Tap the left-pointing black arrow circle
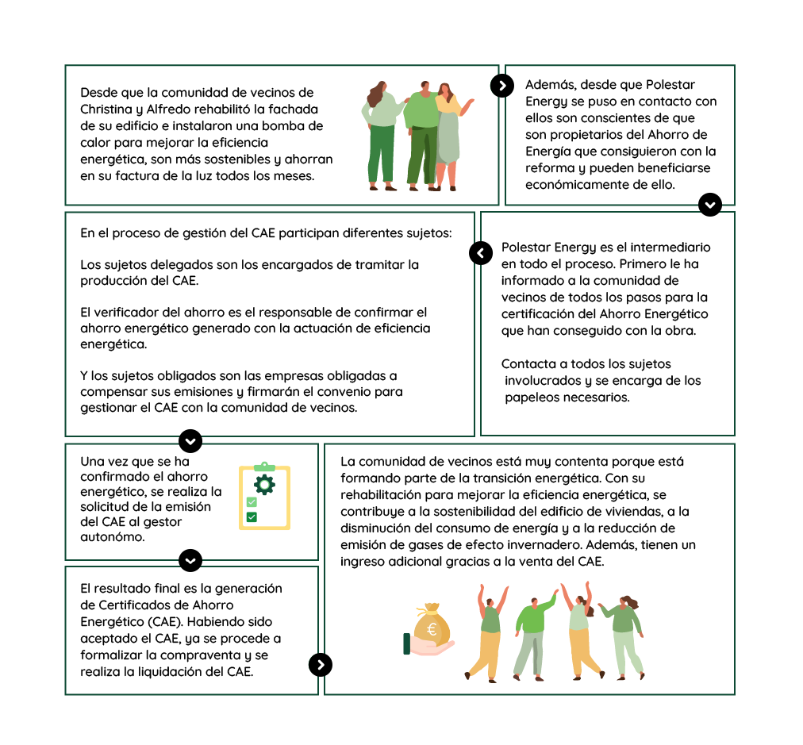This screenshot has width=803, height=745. pos(481,253)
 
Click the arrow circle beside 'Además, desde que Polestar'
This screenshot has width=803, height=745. pos(501,86)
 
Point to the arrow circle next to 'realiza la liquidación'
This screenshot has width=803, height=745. pos(320,665)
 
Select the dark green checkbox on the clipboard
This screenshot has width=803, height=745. pos(252,517)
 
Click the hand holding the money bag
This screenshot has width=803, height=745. pos(427,647)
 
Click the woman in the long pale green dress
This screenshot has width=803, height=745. pos(448,135)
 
